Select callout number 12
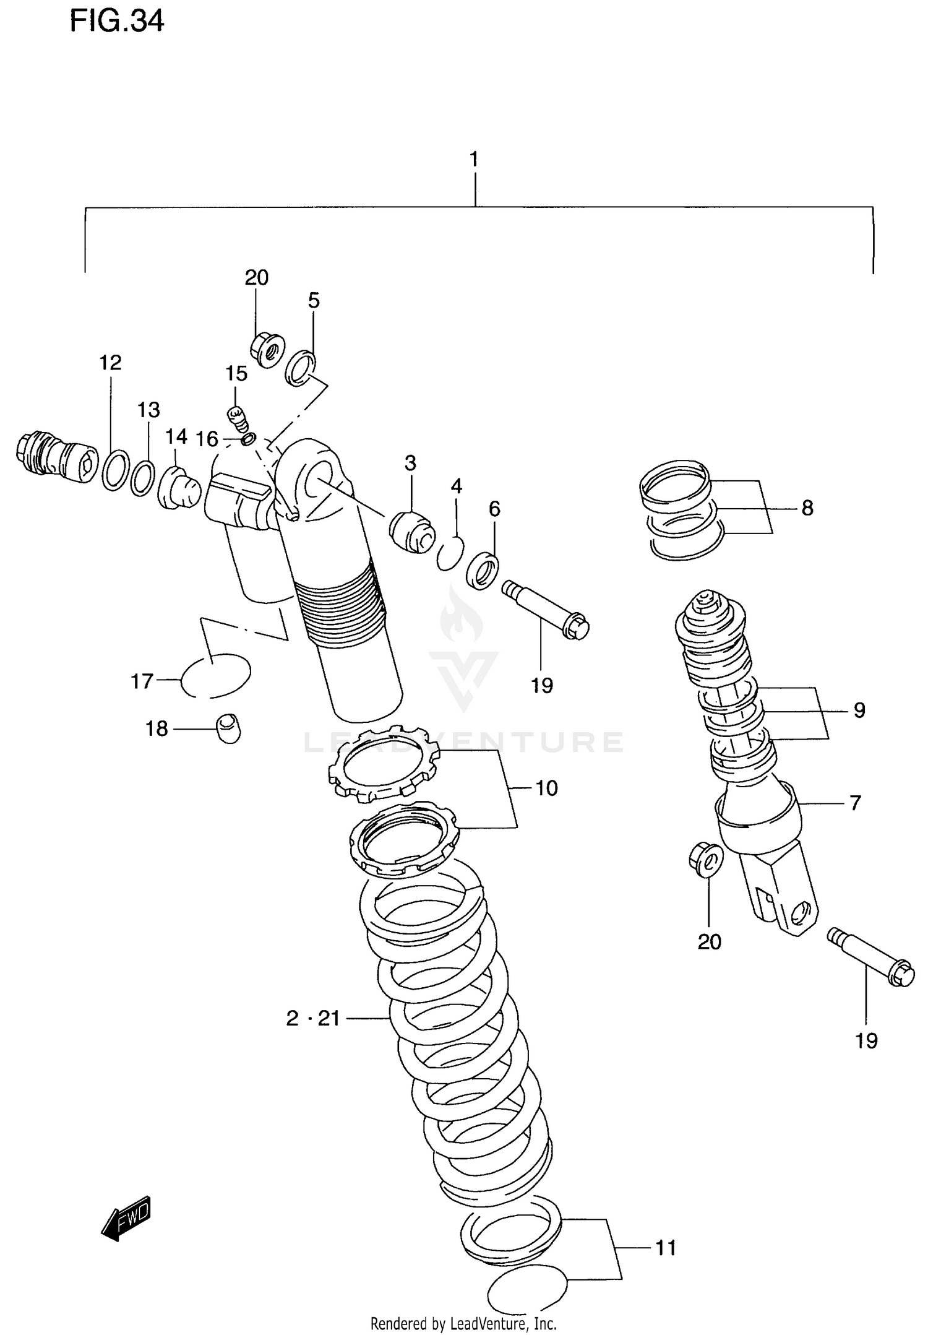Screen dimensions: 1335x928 tap(111, 363)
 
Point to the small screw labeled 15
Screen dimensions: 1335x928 tap(238, 419)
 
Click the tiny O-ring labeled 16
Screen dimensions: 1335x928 tap(247, 439)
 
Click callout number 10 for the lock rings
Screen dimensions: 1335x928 tap(546, 788)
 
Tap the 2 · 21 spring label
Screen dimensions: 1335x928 tap(313, 1018)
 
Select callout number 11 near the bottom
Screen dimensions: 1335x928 tap(666, 1248)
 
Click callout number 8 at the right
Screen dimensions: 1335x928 tap(807, 508)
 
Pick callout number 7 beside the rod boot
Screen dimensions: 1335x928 tap(855, 803)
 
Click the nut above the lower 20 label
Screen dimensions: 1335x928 tap(705, 858)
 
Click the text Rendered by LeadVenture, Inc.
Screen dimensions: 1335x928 tap(463, 1324)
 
